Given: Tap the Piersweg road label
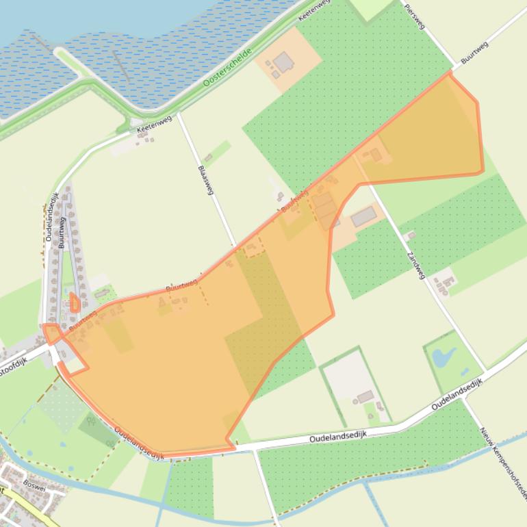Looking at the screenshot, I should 415,18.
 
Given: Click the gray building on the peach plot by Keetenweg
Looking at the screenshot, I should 284,63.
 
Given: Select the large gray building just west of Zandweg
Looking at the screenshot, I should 363,217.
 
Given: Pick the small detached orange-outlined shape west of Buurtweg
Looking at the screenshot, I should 74,303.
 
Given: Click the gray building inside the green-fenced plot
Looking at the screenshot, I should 365,397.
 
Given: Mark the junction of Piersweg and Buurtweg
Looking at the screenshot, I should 452,70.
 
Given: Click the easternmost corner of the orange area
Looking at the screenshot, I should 483,171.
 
